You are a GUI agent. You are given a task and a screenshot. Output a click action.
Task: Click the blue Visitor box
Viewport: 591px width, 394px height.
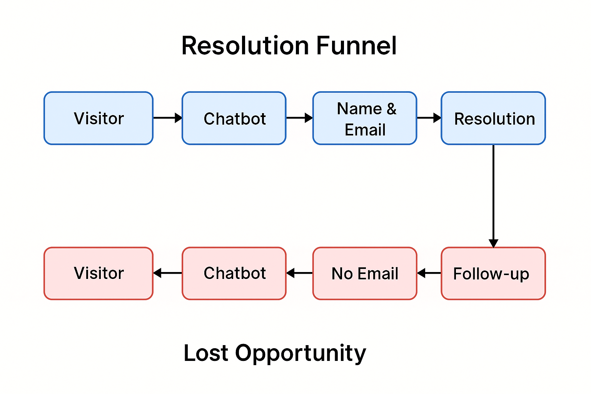(98, 118)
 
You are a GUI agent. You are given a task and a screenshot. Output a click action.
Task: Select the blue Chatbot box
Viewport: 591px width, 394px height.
(234, 118)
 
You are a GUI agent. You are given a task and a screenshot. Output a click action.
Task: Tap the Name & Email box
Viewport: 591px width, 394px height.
(365, 118)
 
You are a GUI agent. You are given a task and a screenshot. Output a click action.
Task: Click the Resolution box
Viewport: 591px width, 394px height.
(493, 118)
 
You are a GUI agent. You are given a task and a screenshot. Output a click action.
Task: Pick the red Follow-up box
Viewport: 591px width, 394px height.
(493, 273)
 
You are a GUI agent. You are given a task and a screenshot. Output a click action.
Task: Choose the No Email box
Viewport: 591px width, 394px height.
(365, 273)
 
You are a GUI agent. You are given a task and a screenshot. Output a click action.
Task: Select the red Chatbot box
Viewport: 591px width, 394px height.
(234, 273)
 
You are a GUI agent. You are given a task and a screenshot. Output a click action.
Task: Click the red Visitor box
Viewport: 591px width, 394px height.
(98, 273)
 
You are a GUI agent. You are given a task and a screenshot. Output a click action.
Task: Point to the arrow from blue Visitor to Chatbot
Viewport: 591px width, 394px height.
(167, 118)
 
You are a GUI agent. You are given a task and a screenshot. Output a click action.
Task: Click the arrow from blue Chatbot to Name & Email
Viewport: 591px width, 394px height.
(299, 118)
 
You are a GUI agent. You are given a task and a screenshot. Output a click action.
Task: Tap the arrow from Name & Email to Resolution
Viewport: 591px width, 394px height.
(429, 118)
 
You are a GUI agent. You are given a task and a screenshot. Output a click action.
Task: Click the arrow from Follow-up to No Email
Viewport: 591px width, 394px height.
(429, 273)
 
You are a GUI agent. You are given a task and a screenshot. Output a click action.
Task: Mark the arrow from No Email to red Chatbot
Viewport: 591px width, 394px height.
(299, 273)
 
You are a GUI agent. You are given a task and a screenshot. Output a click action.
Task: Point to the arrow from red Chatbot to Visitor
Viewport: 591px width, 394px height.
(167, 273)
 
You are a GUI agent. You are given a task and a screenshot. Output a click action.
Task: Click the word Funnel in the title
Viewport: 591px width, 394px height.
(356, 45)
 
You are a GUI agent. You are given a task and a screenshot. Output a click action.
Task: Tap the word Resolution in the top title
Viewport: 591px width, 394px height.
(245, 45)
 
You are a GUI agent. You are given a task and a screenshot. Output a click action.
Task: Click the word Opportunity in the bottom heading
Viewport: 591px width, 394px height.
(301, 353)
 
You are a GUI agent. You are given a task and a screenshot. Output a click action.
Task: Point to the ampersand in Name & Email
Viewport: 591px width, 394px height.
(391, 109)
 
